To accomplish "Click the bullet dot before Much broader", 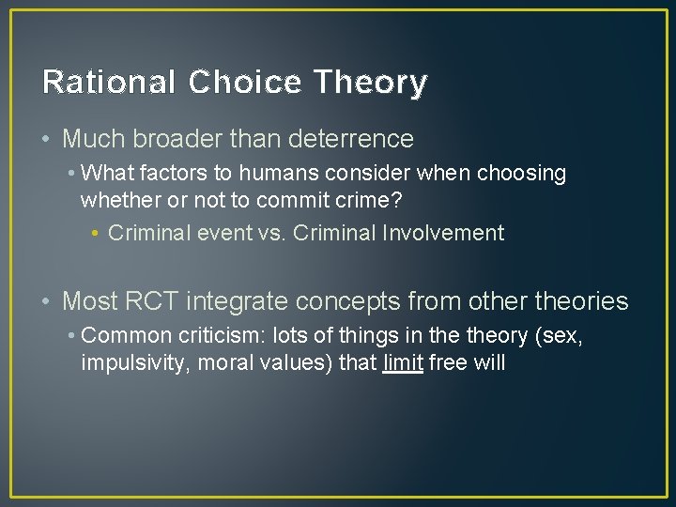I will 47,139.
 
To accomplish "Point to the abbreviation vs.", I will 270,233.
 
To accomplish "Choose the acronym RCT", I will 152,301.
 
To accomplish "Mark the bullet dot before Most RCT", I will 47,301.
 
